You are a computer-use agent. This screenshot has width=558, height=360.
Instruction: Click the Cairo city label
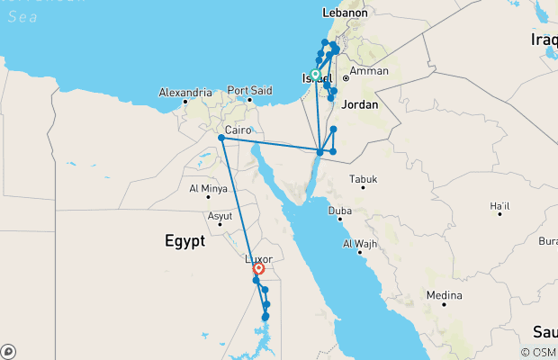click(238, 130)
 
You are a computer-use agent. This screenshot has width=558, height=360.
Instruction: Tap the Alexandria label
click(185, 93)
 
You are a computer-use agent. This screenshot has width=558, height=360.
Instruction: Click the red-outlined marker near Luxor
click(258, 268)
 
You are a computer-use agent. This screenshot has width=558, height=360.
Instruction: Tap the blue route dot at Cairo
click(221, 137)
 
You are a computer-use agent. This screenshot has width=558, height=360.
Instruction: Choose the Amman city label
click(369, 71)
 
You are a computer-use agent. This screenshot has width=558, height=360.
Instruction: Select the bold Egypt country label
click(184, 240)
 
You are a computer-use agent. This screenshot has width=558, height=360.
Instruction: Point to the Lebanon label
click(346, 14)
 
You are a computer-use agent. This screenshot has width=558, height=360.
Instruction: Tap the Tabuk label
click(364, 178)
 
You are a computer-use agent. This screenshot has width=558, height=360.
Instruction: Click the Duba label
click(339, 211)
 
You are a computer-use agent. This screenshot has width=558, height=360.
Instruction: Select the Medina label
click(444, 295)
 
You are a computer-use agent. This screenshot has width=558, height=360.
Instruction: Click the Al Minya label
click(208, 189)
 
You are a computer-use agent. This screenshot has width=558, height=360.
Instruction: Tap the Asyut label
click(219, 217)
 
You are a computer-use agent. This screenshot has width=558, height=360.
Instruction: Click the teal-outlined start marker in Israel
click(316, 75)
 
